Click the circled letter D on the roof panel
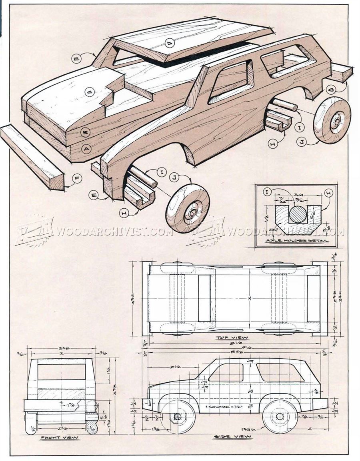[170, 42]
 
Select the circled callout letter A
[86, 149]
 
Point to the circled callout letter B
[85, 132]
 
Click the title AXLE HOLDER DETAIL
[297, 241]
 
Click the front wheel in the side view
[178, 417]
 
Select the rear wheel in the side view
[280, 416]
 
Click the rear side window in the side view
[280, 373]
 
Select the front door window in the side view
[226, 373]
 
